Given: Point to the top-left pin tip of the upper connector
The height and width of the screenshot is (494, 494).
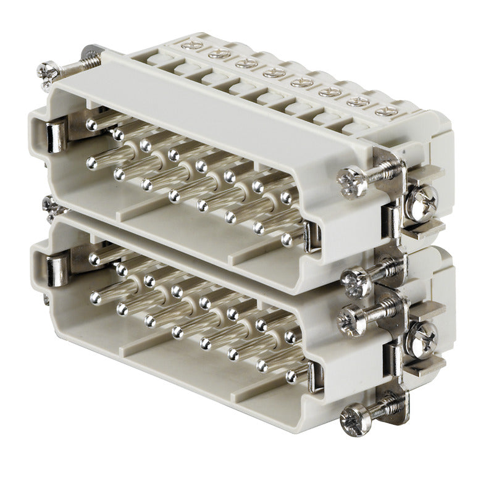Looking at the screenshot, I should pos(91,125).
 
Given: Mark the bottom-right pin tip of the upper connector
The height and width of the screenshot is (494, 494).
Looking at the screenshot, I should pos(287,238).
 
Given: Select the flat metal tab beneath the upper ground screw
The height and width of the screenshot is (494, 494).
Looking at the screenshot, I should pos(426,228).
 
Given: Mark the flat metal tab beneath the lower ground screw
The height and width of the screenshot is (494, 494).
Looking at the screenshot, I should pos(426,364).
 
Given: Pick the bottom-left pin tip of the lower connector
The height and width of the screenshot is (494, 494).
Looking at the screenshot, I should pos(95,298).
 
